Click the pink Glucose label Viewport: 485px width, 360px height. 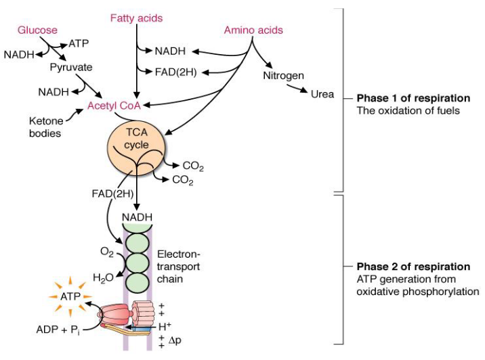(x=37, y=30)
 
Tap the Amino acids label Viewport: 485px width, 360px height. (x=253, y=30)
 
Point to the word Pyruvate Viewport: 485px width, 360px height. (x=71, y=68)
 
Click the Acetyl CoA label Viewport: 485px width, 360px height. (x=113, y=105)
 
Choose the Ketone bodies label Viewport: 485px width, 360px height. (x=45, y=127)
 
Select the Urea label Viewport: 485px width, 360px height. (x=322, y=94)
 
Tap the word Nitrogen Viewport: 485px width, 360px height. (x=283, y=75)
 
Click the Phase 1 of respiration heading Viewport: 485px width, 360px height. (x=413, y=98)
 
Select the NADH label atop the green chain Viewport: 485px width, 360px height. (x=137, y=217)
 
